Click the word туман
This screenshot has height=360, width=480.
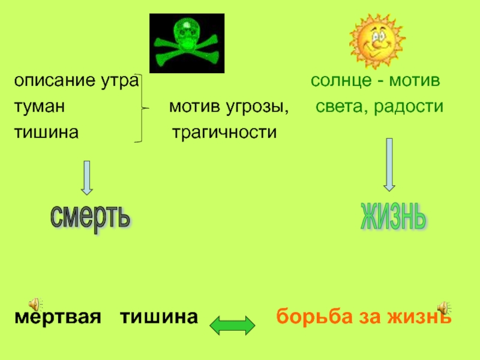(40, 107)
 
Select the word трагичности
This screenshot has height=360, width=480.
(225, 133)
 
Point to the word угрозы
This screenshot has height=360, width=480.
(259, 108)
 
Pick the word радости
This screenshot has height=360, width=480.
(414, 107)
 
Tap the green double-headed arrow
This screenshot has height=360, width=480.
(232, 325)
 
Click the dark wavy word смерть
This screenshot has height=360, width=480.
(90, 216)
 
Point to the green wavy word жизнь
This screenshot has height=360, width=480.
(393, 216)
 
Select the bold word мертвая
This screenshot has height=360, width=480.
(57, 317)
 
